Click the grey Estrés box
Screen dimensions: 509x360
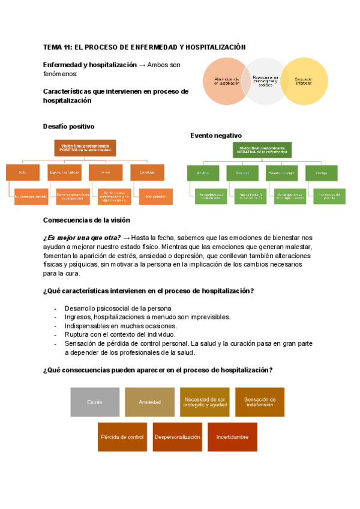[x=95, y=402]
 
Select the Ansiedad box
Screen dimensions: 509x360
[x=149, y=402]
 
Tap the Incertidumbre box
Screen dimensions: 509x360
[x=232, y=437]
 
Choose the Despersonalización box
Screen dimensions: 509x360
[x=177, y=437]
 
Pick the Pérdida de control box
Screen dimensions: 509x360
[x=122, y=437]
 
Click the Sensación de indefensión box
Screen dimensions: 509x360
[x=260, y=402]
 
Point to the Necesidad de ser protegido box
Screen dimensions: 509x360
[x=205, y=402]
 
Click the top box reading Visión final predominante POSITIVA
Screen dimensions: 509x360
[x=85, y=148]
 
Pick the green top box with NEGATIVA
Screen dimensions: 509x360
[x=262, y=150]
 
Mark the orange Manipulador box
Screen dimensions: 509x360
[x=155, y=196]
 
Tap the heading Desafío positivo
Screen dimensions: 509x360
[x=68, y=127]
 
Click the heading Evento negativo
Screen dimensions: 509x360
[x=216, y=136]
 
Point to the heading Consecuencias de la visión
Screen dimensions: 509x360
[x=91, y=220]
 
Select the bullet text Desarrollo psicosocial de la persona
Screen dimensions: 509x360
[x=118, y=309]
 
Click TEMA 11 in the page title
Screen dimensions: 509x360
[x=59, y=47]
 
